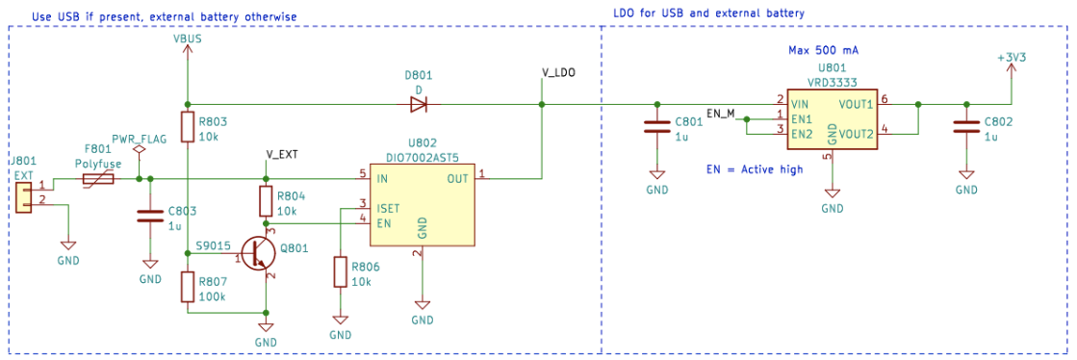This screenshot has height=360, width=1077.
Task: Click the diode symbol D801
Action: click(x=419, y=103)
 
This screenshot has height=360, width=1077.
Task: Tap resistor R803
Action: click(x=187, y=130)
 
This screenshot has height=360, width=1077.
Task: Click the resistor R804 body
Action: click(x=266, y=201)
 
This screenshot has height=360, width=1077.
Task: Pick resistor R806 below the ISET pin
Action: click(x=340, y=271)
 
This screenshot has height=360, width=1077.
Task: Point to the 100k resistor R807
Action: click(x=187, y=288)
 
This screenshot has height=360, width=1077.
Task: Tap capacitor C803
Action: click(x=149, y=217)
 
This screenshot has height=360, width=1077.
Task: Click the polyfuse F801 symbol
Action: click(x=100, y=179)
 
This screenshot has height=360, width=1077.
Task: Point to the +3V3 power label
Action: click(x=1012, y=58)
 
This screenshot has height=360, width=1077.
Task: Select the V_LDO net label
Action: click(x=558, y=71)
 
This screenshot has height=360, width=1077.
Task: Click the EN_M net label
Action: click(x=721, y=113)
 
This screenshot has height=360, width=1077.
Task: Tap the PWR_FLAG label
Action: click(x=139, y=139)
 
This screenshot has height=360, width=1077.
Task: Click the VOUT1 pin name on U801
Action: click(x=855, y=103)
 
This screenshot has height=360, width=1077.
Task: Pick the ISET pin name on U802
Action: click(x=389, y=206)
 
